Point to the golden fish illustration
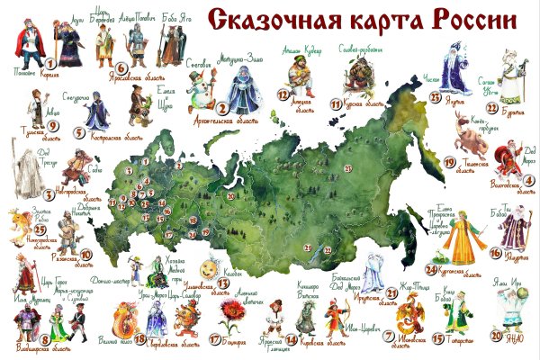pos(19,225)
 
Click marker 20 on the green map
pos(230,194)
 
